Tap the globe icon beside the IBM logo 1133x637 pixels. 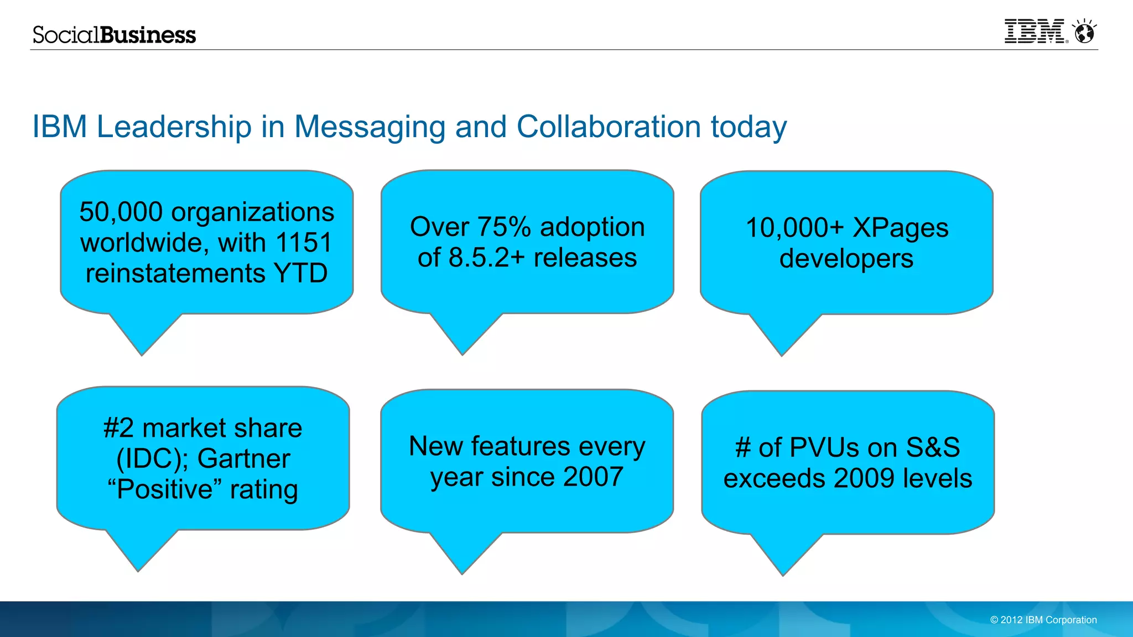click(x=1084, y=33)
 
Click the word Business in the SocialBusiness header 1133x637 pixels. click(x=148, y=35)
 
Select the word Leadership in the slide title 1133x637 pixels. click(x=174, y=127)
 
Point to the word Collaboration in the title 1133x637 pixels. click(x=609, y=127)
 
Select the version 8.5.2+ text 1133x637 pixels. click(x=486, y=258)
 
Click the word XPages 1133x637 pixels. click(x=900, y=228)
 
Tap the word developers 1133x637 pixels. click(x=846, y=259)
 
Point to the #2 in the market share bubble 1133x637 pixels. click(x=118, y=429)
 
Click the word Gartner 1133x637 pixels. click(x=243, y=459)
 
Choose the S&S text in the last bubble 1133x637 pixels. click(x=933, y=448)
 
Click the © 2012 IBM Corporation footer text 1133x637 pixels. click(x=1043, y=620)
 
